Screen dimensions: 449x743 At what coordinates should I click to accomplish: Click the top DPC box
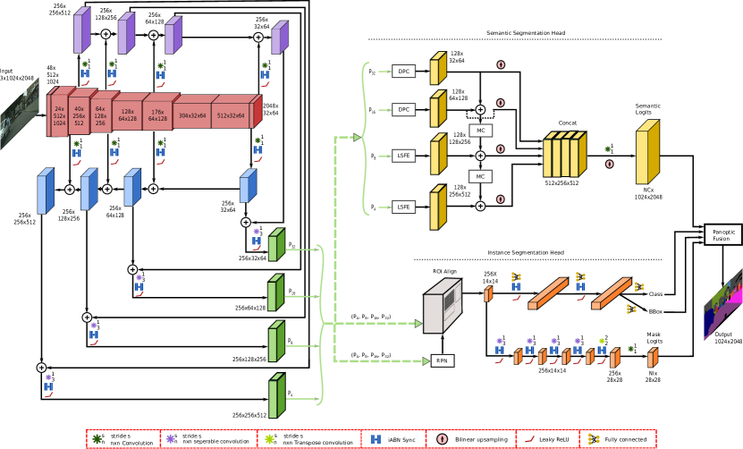(x=403, y=71)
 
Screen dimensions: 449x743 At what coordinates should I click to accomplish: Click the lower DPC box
(x=403, y=109)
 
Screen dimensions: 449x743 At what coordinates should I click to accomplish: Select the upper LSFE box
(x=403, y=155)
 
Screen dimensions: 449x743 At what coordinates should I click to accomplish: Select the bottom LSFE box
(x=403, y=207)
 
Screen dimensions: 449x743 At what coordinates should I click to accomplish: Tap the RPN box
(x=442, y=360)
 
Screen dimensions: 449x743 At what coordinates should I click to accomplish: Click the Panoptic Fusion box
(x=722, y=234)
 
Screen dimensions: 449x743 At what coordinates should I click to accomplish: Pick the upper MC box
(x=480, y=131)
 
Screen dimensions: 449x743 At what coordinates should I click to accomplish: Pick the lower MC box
(x=480, y=176)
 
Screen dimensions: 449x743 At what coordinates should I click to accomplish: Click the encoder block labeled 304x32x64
(x=191, y=115)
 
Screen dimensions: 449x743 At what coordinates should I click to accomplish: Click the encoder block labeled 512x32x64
(x=230, y=115)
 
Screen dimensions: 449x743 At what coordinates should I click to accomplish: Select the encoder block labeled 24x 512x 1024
(x=59, y=116)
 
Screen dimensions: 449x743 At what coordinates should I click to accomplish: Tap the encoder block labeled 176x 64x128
(x=157, y=115)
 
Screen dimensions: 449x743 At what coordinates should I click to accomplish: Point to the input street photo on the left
(x=19, y=114)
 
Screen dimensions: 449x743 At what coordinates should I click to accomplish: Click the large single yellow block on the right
(x=646, y=153)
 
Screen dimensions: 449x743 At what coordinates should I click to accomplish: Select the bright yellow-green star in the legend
(x=269, y=439)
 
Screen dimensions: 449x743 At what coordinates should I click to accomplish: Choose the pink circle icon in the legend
(x=442, y=439)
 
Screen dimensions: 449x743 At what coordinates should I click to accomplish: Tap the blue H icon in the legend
(x=376, y=439)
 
